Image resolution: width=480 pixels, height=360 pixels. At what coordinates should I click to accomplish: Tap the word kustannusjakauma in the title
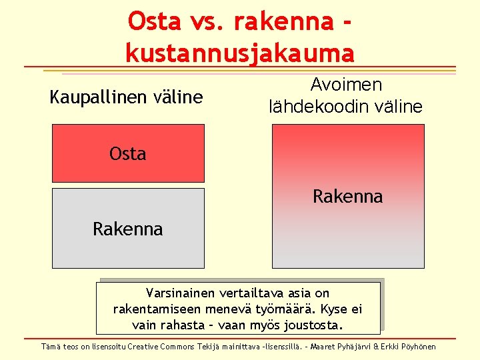tap(239, 52)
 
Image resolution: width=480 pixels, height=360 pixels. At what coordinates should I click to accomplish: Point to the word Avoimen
tap(346, 85)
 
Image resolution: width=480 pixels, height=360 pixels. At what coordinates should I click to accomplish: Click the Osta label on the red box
tap(127, 154)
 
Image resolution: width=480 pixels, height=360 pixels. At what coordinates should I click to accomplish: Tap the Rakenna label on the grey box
tap(127, 229)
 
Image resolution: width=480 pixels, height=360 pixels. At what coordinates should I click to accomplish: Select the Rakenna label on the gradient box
tap(347, 197)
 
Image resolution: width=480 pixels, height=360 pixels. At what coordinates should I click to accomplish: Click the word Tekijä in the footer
tap(209, 347)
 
